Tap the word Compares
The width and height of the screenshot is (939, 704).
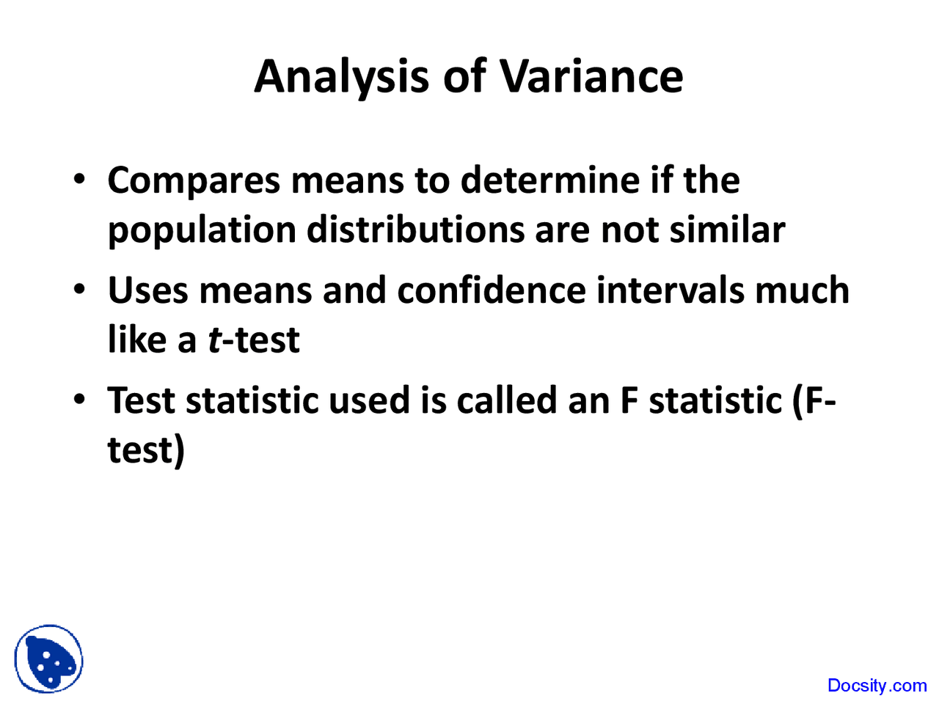(194, 180)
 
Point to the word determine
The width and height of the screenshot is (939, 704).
(549, 180)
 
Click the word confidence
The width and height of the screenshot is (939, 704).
(491, 290)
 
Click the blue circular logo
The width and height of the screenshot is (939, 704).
(48, 659)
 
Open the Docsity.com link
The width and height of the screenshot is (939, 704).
(877, 686)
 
